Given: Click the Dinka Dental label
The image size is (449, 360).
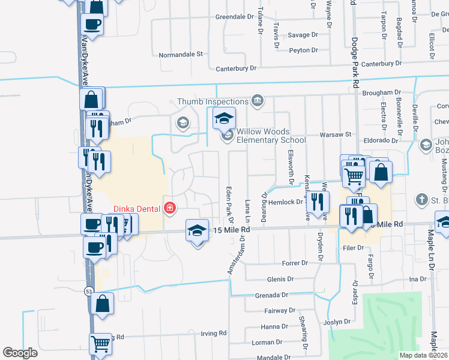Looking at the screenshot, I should (x=137, y=209).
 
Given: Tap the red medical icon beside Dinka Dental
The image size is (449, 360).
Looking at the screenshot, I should (x=170, y=208).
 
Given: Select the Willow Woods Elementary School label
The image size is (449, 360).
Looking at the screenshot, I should (x=271, y=136).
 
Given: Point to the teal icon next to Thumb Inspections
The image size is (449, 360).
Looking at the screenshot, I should (x=258, y=100).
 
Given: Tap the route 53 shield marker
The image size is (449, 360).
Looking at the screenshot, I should (x=89, y=291).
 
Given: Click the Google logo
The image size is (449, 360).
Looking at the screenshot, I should (x=20, y=353).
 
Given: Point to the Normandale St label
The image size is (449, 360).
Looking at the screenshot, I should (x=182, y=55).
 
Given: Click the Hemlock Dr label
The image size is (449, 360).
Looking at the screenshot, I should (x=288, y=203).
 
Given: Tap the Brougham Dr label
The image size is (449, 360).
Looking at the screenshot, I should (x=382, y=92).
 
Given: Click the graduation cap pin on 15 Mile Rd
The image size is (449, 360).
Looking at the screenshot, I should (x=197, y=231).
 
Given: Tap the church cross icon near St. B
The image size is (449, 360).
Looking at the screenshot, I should (x=422, y=199).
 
